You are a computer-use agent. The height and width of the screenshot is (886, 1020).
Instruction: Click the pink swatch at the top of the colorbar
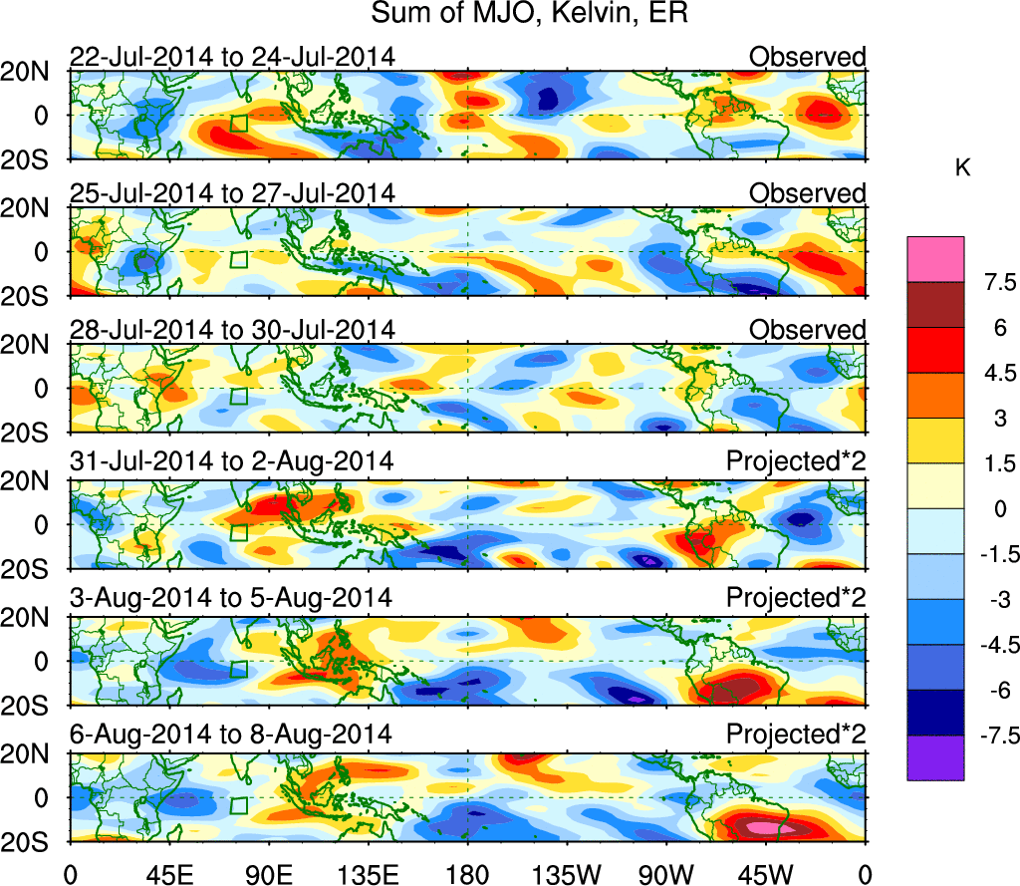point(935,258)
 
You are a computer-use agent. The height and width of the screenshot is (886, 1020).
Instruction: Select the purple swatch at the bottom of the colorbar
point(935,757)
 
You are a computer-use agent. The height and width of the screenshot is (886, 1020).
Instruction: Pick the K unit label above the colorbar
point(962,169)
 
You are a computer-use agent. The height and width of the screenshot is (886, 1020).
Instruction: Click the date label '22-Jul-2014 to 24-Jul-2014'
point(232,57)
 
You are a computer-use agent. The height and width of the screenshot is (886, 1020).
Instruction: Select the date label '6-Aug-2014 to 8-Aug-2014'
point(230,735)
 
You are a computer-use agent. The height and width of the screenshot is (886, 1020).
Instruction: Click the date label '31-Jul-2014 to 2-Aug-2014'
point(231,462)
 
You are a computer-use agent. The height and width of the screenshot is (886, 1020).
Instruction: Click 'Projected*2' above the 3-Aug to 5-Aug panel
point(795,598)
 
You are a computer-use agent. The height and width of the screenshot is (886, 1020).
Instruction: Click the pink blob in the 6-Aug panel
point(770,827)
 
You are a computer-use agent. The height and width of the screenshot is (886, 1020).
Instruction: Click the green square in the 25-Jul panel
point(238,259)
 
